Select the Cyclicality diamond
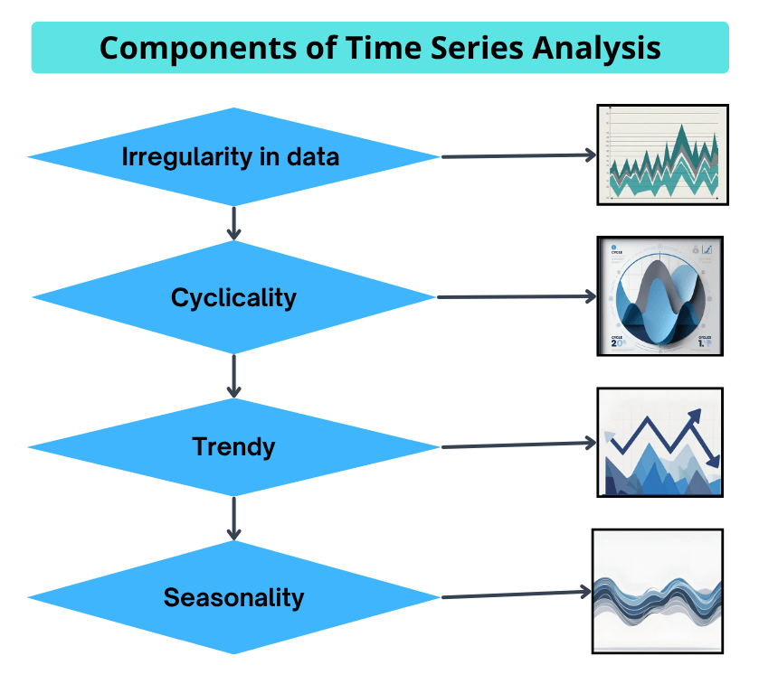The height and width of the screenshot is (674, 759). click(233, 297)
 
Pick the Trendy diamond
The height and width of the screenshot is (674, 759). click(233, 446)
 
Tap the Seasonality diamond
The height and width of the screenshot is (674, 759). click(233, 597)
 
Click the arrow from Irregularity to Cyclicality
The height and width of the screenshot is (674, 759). click(234, 222)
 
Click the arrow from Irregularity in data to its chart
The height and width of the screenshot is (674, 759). click(518, 156)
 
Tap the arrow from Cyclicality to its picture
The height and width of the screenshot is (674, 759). click(517, 296)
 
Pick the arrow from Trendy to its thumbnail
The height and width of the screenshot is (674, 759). click(518, 445)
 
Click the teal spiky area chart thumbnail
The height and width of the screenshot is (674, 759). click(660, 154)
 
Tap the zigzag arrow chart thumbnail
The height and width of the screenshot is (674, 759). click(659, 443)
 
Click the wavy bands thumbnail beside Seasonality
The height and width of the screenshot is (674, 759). click(658, 592)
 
